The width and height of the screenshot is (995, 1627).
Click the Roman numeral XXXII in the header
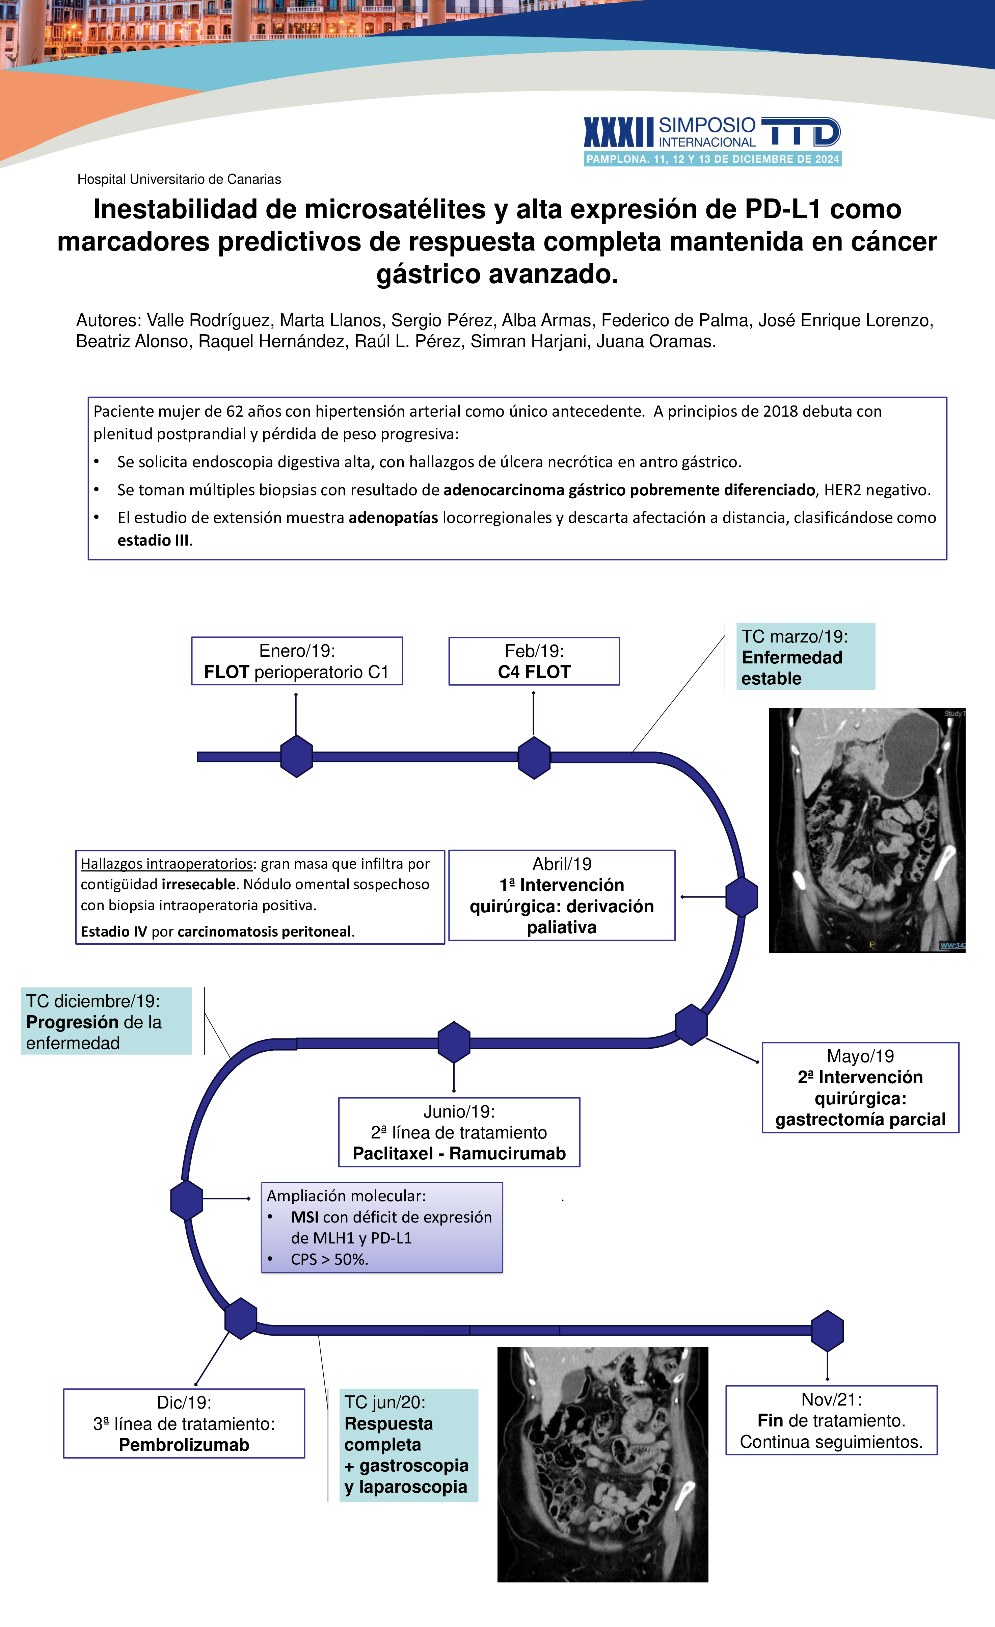618,133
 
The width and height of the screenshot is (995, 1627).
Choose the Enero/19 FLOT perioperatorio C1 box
296,661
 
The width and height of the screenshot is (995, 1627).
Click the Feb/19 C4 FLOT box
534,661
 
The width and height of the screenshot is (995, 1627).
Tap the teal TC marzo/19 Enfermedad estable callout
805,657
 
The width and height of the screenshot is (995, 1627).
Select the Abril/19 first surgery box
561,895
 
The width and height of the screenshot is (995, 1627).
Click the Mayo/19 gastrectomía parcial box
860,1087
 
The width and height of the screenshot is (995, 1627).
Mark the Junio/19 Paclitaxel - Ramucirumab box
459,1132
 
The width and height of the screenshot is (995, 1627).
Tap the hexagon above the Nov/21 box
827,1331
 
